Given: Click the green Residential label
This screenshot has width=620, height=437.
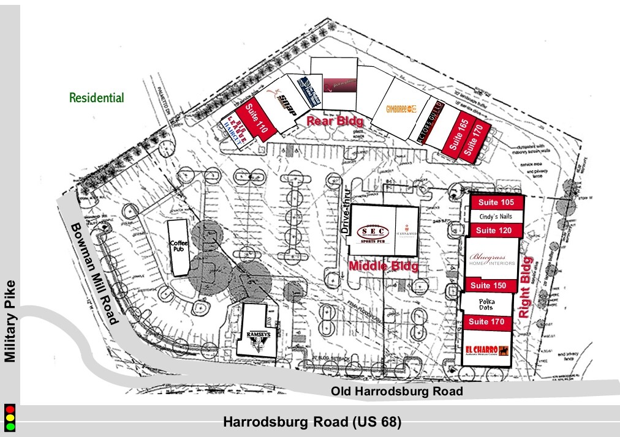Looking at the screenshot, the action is tap(96, 98).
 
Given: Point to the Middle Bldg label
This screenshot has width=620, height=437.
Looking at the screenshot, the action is tap(384, 266).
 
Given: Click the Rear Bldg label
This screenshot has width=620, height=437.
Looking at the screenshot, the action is tap(331, 121).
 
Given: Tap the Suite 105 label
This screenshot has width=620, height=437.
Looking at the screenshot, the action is tap(496, 203).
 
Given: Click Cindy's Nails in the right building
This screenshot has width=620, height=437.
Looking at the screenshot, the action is tap(496, 217).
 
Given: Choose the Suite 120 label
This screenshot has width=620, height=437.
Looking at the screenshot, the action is tap(496, 230).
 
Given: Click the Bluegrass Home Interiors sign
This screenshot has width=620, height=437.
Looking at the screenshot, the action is tap(492, 261).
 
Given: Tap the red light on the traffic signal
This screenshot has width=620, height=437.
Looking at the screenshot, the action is tap(9, 409).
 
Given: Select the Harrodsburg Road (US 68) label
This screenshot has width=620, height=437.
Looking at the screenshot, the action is tap(312, 422).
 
